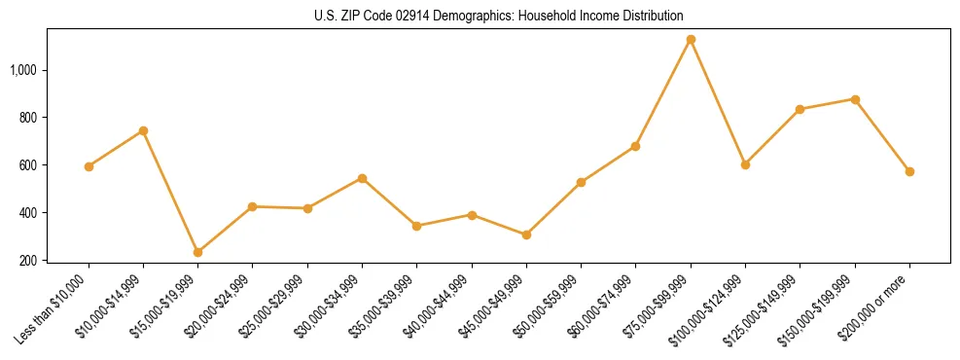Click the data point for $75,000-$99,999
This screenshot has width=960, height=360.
691,40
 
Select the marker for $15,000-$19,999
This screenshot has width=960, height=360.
197,252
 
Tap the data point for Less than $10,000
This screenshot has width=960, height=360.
89,166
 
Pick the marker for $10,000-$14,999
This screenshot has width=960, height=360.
143,130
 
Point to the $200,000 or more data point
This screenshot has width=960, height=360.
909,171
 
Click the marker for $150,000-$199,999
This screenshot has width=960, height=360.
855,99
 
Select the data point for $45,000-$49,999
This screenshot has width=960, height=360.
526,234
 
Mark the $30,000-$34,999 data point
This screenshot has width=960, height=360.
362,178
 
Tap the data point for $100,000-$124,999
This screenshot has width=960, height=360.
745,164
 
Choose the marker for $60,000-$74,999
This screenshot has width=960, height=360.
635,146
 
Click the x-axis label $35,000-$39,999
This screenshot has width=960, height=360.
386,306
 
